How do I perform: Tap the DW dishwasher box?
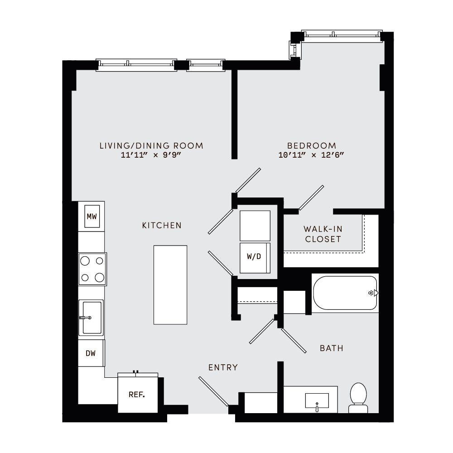pyautogui.click(x=91, y=353)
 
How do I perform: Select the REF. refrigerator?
pyautogui.click(x=137, y=394)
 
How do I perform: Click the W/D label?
pyautogui.click(x=254, y=257)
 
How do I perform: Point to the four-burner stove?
pyautogui.click(x=92, y=269)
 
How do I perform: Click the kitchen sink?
pyautogui.click(x=91, y=318)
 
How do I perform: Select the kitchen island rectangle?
pyautogui.click(x=170, y=284)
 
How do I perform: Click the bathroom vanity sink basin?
pyautogui.click(x=317, y=401)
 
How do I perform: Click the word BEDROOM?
pyautogui.click(x=312, y=146)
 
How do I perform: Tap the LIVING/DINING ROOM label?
pyautogui.click(x=151, y=146)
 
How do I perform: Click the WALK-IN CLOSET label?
pyautogui.click(x=323, y=234)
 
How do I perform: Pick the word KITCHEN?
pyautogui.click(x=162, y=225)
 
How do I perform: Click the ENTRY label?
pyautogui.click(x=223, y=367)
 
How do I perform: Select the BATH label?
pyautogui.click(x=331, y=348)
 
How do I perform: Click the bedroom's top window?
pyautogui.click(x=342, y=35)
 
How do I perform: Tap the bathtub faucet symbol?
pyautogui.click(x=373, y=293)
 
